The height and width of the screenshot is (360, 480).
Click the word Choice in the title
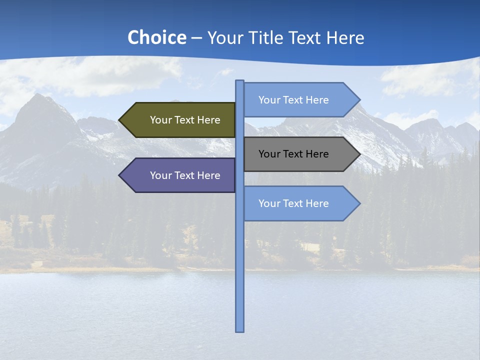pyautogui.click(x=156, y=37)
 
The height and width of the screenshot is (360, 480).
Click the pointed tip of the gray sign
pyautogui.click(x=359, y=154)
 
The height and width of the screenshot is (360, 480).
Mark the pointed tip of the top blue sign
pyautogui.click(x=359, y=100)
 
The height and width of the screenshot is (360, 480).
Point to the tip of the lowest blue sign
pyautogui.click(x=359, y=203)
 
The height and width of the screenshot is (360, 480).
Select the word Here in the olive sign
pyautogui.click(x=208, y=120)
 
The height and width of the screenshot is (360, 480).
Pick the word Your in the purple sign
pyautogui.click(x=160, y=175)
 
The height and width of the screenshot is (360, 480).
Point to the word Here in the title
pyautogui.click(x=345, y=37)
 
